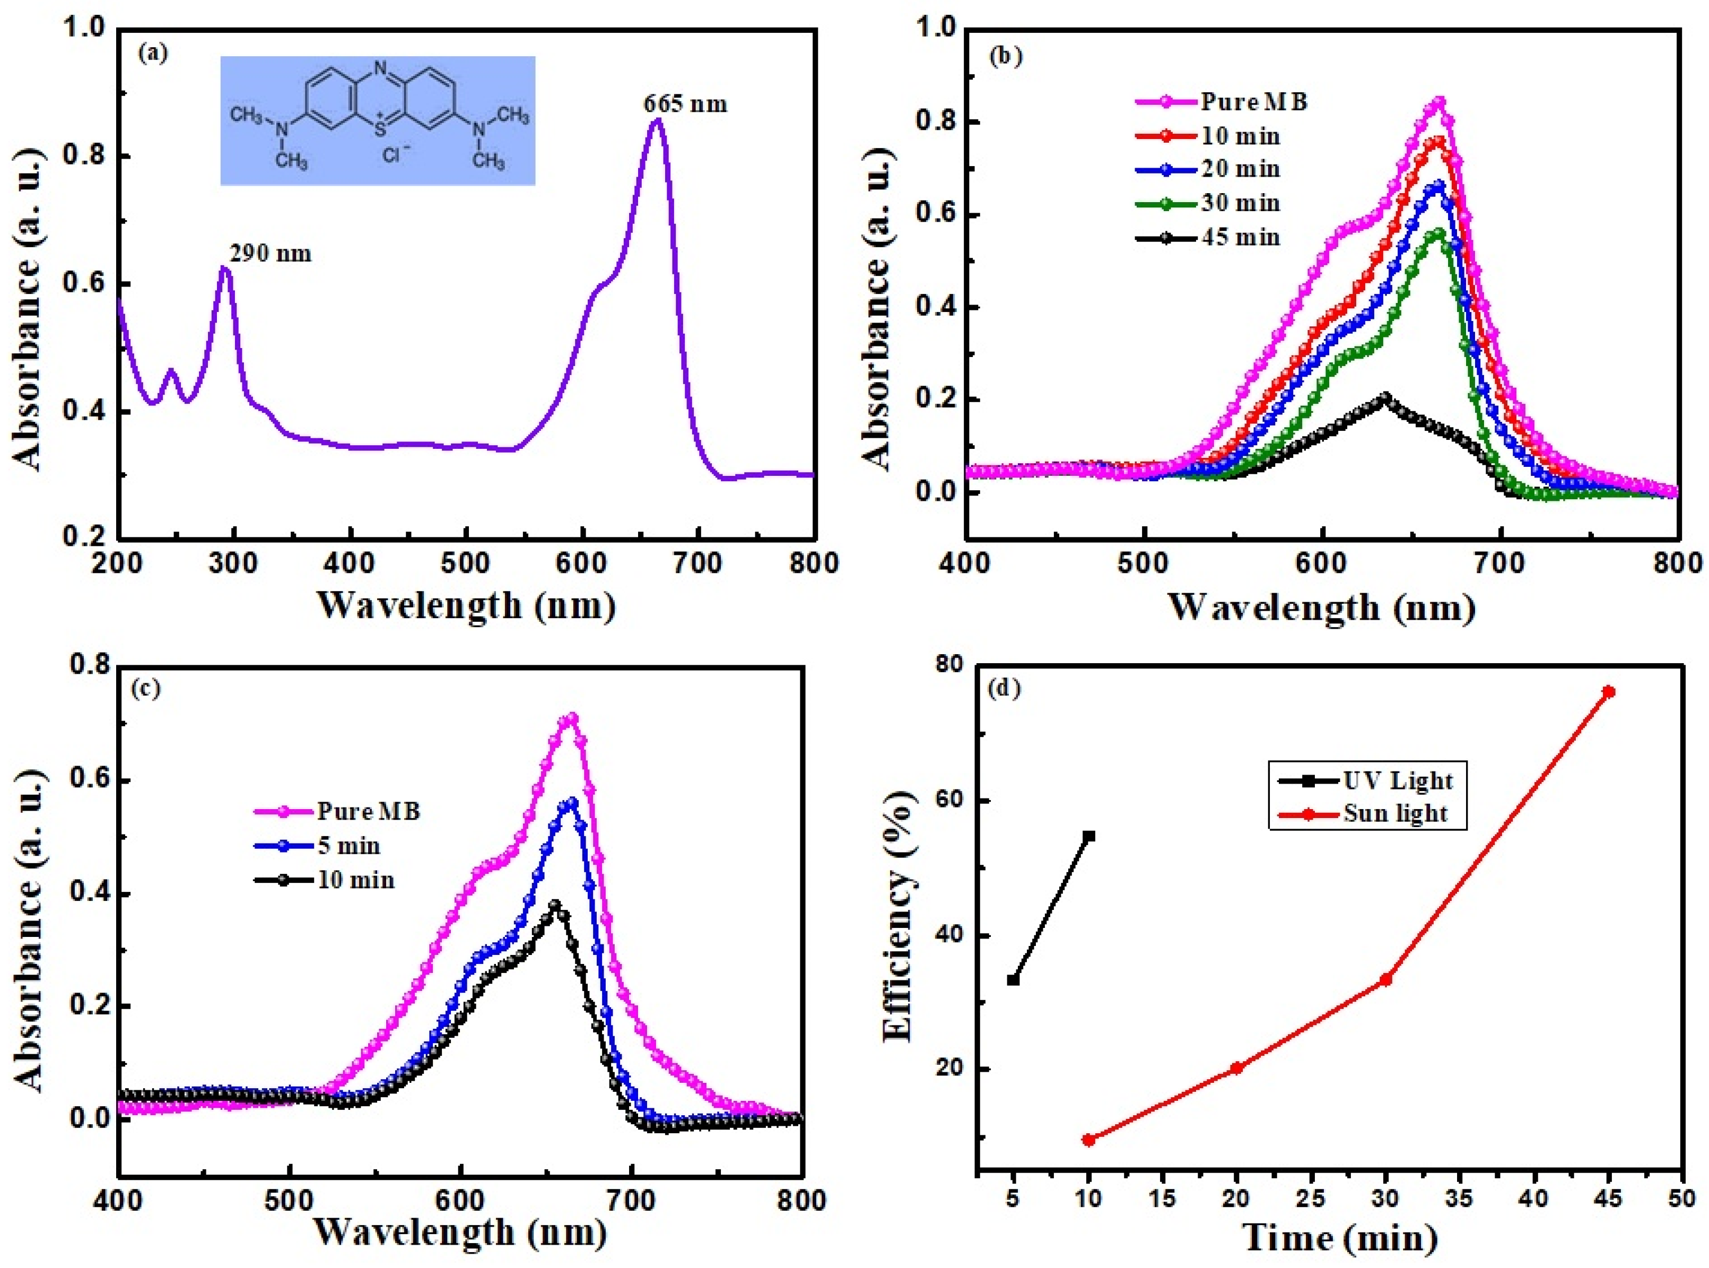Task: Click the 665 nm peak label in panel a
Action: tap(685, 103)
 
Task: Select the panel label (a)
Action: tap(152, 53)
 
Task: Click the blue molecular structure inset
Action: tap(378, 120)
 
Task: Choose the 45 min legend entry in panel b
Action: tap(1240, 237)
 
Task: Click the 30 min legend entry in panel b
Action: tap(1240, 203)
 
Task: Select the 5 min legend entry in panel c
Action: tap(349, 846)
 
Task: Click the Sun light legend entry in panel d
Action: tap(1394, 814)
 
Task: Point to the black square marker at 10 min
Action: tap(1088, 836)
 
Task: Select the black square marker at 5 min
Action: tap(1013, 980)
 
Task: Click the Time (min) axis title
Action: tap(1339, 1237)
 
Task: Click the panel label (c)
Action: tap(146, 689)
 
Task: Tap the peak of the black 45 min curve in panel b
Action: tap(1385, 397)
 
